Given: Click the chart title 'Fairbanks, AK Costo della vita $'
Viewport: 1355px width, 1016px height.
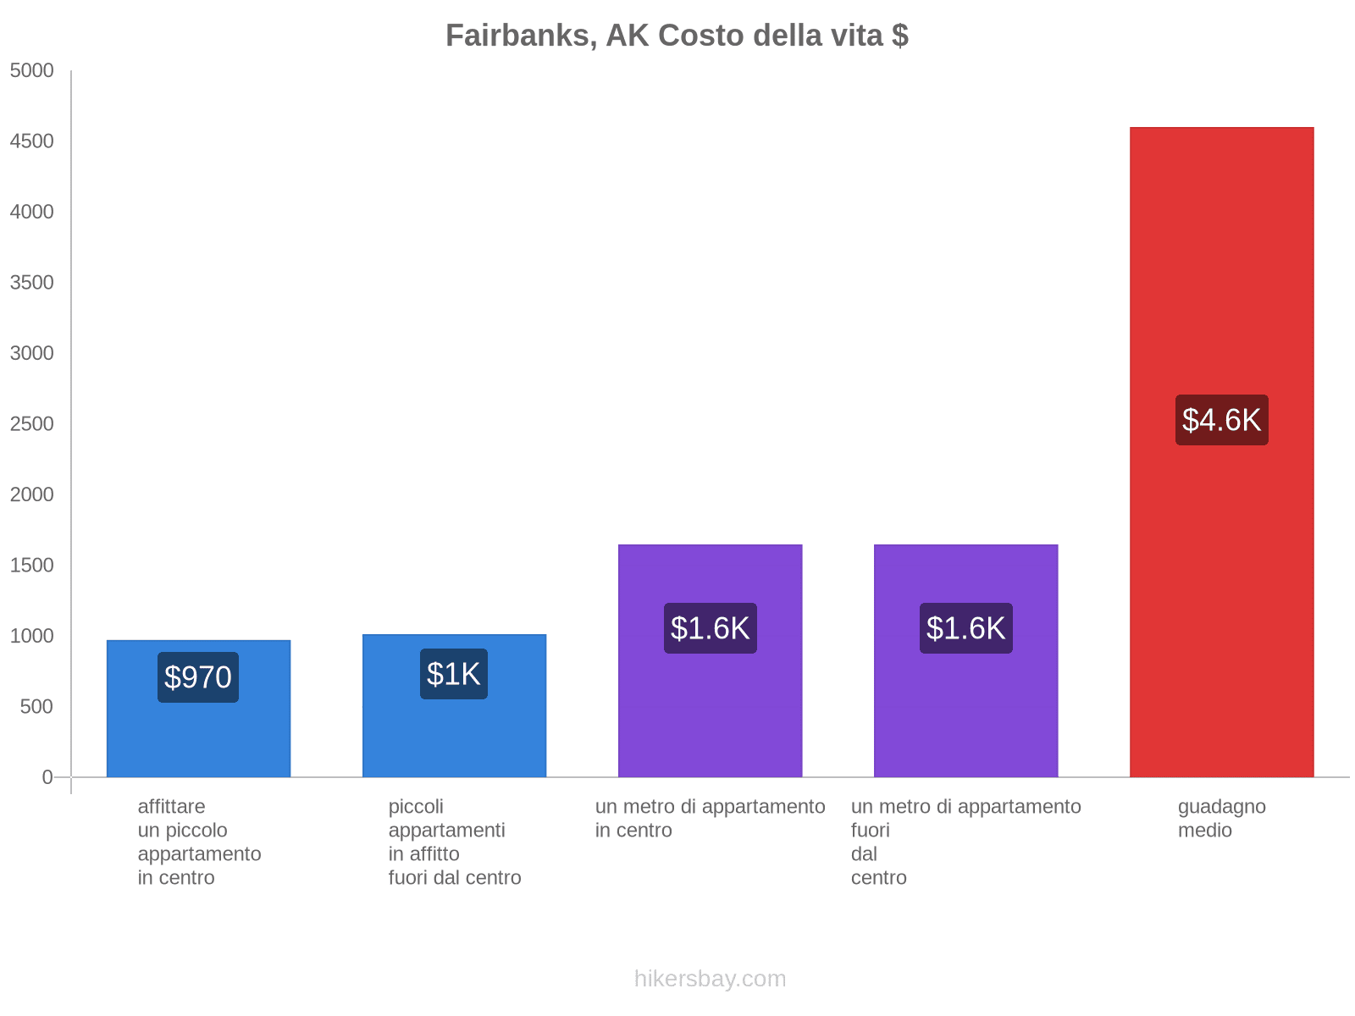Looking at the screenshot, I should coord(677,36).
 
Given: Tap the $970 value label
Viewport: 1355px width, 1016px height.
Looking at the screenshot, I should coord(198,677).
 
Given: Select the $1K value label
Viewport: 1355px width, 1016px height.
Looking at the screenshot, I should coord(454,674).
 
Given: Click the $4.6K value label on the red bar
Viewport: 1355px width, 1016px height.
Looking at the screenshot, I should coord(1221,420).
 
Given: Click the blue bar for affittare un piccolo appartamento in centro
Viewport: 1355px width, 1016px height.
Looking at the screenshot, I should coord(198,737).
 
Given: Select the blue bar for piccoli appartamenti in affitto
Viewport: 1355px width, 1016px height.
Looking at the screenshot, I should coord(454,737).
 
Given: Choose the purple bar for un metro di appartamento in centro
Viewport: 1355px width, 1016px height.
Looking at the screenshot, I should coord(710,720).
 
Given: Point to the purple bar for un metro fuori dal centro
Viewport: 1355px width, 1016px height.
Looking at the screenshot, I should coord(965,720).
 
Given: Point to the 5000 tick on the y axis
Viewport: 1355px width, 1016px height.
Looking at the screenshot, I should coord(32,71).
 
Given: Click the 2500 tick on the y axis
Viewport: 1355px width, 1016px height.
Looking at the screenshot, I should coord(32,424).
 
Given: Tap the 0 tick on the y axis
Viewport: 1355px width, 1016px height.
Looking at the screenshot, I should coord(47,777).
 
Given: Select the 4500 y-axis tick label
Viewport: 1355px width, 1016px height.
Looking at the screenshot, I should coord(32,141).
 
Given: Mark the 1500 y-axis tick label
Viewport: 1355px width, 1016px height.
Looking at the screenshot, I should coord(32,566).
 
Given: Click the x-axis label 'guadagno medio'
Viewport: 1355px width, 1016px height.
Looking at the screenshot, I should coord(1221,819).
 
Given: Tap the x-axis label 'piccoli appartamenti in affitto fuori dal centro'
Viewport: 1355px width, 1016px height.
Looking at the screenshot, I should coord(454,842).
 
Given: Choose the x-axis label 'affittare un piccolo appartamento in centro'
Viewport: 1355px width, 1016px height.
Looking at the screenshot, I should coord(199,842).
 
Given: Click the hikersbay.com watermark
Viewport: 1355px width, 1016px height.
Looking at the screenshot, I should coord(710,979).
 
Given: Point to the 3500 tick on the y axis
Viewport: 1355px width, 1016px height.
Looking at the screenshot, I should coord(32,283).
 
